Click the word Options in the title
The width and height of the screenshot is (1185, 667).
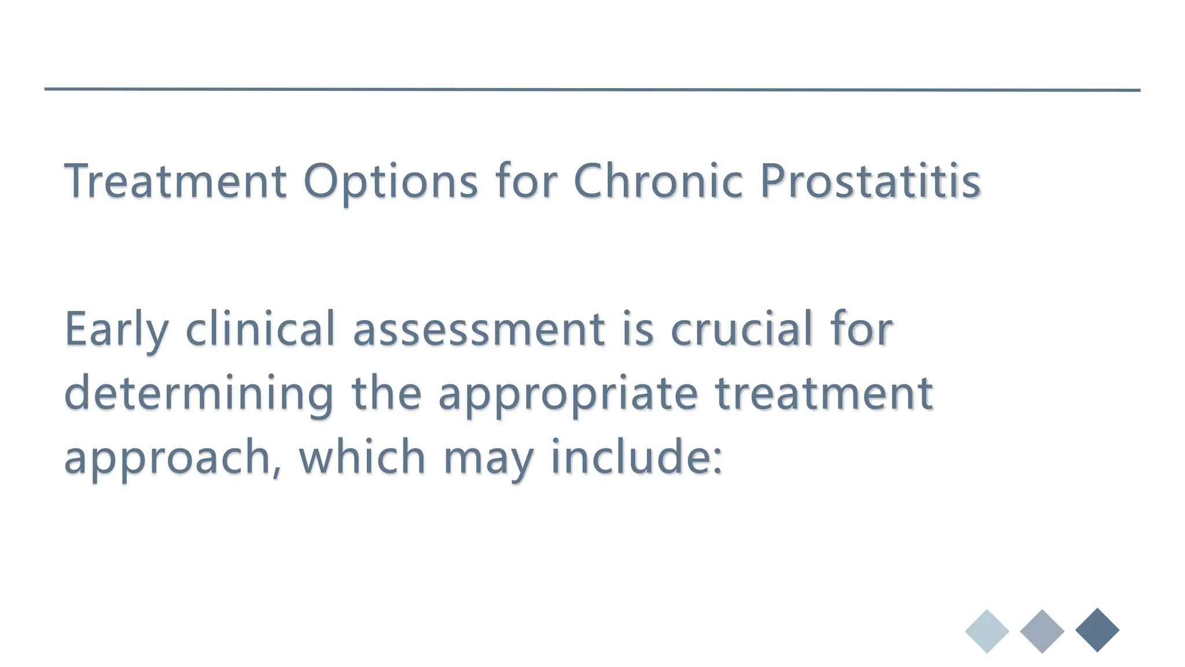pyautogui.click(x=391, y=182)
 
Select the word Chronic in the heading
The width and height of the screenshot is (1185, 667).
pyautogui.click(x=658, y=181)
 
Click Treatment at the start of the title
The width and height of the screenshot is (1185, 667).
pyautogui.click(x=175, y=181)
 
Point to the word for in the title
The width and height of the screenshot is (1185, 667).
pyautogui.click(x=526, y=181)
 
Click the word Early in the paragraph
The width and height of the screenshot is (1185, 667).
pyautogui.click(x=116, y=330)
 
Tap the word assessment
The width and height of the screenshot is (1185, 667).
pyautogui.click(x=479, y=330)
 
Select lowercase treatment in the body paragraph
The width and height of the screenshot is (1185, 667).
pyautogui.click(x=824, y=394)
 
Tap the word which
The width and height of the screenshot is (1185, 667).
pyautogui.click(x=362, y=456)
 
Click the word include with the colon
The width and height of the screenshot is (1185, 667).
pyautogui.click(x=636, y=456)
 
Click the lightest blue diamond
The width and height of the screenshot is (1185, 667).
pyautogui.click(x=987, y=631)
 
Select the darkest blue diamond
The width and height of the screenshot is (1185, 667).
pyautogui.click(x=1097, y=631)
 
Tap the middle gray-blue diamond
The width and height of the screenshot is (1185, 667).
pyautogui.click(x=1042, y=631)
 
